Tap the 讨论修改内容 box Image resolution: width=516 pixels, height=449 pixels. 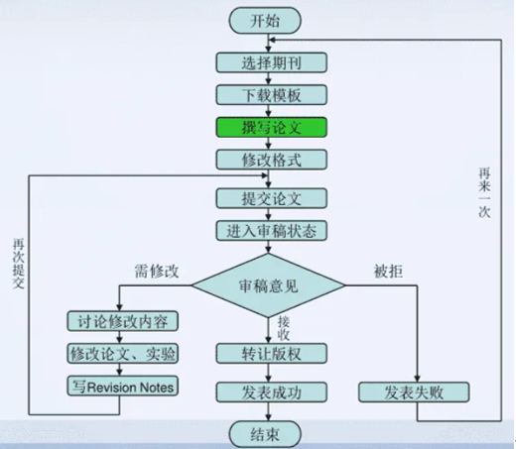point(122,322)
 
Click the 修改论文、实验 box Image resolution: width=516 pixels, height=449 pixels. point(122,353)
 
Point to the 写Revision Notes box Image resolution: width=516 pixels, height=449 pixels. point(122,386)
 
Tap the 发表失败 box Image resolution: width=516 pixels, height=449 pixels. point(415,392)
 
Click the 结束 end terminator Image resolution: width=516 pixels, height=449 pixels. point(271,433)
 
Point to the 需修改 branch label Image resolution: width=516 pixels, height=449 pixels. point(157,271)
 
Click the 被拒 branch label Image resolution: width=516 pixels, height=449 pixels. point(387,270)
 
